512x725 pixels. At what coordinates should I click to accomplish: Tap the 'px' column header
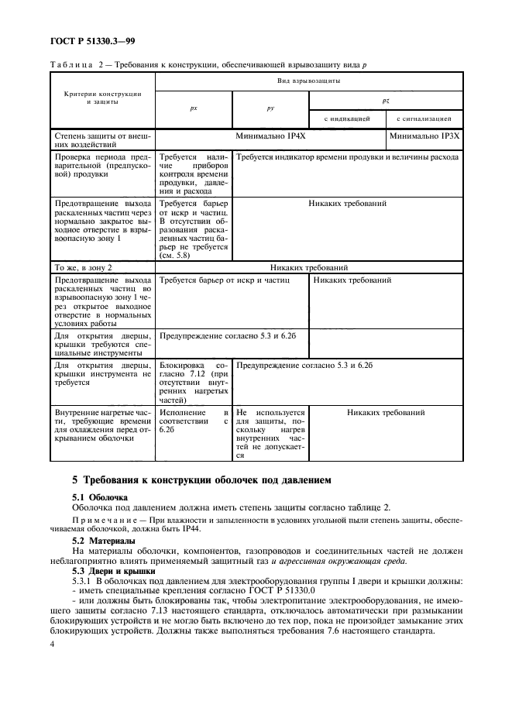(x=194, y=109)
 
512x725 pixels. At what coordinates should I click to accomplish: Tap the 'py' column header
(x=271, y=109)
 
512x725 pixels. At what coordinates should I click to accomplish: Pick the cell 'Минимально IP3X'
(x=424, y=135)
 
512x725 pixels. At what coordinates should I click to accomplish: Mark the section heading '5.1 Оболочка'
(x=94, y=497)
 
